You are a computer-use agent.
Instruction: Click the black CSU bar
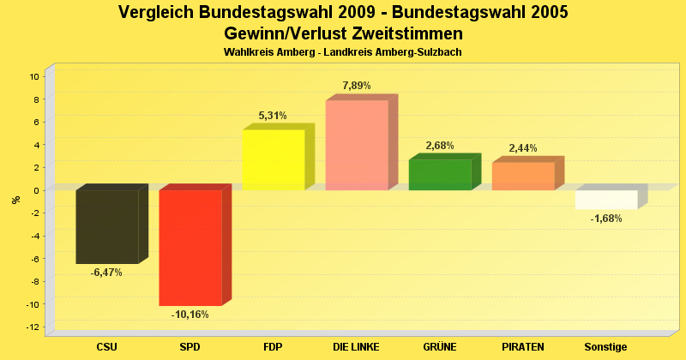point(107,226)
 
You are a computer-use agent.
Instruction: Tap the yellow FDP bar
point(274,159)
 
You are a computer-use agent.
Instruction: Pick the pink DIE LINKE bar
point(357,145)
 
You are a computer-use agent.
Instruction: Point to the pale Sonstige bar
point(606,200)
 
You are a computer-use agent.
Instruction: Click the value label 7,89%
point(357,86)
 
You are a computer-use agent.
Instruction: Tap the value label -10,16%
point(190,315)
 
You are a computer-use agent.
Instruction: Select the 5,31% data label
point(273,116)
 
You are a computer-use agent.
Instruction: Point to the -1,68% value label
point(606,219)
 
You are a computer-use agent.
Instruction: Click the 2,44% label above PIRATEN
point(522,148)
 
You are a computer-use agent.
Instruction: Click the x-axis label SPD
point(190,347)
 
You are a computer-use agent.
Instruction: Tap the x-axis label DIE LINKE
point(357,347)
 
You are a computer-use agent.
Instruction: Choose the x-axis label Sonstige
point(606,347)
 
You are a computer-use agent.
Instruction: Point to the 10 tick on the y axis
point(34,76)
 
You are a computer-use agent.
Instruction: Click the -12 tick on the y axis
point(33,327)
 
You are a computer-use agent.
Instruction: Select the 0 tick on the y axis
point(37,190)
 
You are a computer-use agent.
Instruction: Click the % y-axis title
point(15,200)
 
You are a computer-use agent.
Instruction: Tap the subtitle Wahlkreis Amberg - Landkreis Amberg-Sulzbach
point(343,52)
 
